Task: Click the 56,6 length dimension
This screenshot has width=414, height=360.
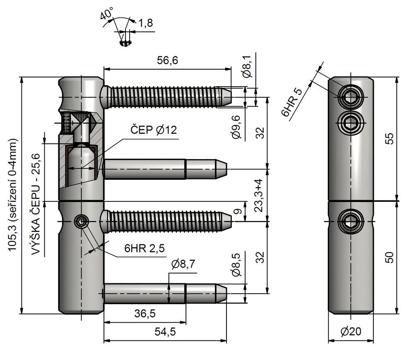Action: (x=167, y=60)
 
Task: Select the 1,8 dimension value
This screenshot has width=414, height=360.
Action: (x=144, y=23)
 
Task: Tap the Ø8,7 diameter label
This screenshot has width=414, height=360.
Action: (x=182, y=264)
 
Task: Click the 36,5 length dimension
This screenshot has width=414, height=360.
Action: (x=144, y=314)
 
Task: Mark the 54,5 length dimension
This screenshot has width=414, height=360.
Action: (x=164, y=332)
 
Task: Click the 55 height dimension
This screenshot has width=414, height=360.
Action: (x=389, y=139)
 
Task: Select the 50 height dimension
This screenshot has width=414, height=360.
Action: (x=389, y=257)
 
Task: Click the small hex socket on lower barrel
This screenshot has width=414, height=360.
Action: (x=80, y=222)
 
